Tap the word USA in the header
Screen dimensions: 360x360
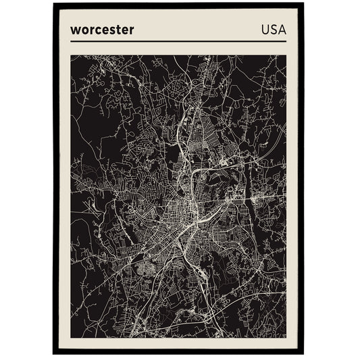click(x=273, y=30)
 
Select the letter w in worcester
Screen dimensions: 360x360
click(x=74, y=30)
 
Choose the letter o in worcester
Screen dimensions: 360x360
click(x=82, y=30)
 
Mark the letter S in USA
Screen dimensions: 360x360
click(x=273, y=30)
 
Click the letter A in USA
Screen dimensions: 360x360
click(x=281, y=30)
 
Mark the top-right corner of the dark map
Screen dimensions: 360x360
click(x=286, y=55)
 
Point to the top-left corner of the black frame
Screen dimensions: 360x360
click(x=53, y=3)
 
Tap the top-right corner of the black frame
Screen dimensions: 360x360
click(x=304, y=3)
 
